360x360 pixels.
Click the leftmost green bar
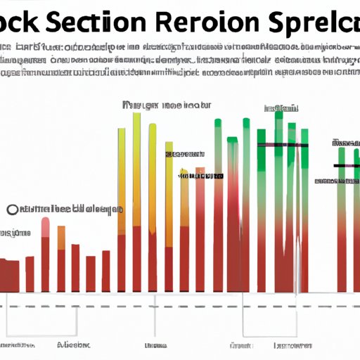coord(217,204)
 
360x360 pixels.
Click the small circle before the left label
coord(12,210)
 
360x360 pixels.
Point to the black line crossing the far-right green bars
coord(346,166)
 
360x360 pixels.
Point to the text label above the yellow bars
coord(166,105)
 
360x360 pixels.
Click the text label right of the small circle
coord(70,209)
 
